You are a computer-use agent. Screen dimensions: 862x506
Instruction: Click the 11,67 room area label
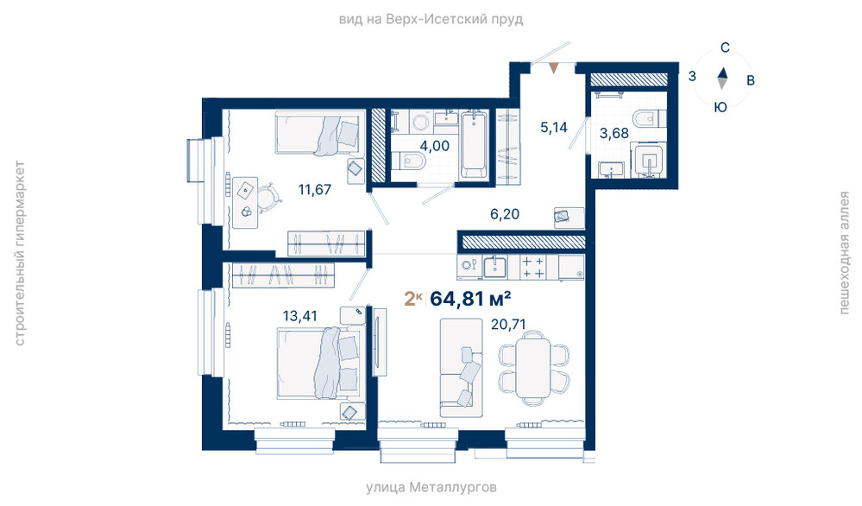pyautogui.click(x=314, y=190)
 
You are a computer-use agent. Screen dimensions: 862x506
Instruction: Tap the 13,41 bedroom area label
pyautogui.click(x=299, y=316)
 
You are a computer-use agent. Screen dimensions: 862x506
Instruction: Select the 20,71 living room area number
pyautogui.click(x=508, y=325)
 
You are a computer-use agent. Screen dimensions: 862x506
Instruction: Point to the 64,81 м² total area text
pyautogui.click(x=470, y=299)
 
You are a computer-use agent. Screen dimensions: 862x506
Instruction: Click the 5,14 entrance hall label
pyautogui.click(x=554, y=128)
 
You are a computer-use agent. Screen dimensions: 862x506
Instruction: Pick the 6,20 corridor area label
pyautogui.click(x=505, y=214)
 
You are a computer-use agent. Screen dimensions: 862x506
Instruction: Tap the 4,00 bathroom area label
pyautogui.click(x=434, y=146)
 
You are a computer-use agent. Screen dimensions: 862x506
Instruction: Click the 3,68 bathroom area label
pyautogui.click(x=613, y=133)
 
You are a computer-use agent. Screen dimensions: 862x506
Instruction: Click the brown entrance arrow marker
pyautogui.click(x=554, y=68)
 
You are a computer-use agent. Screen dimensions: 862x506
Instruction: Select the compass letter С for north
pyautogui.click(x=725, y=47)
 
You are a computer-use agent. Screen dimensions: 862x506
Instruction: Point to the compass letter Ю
pyautogui.click(x=720, y=107)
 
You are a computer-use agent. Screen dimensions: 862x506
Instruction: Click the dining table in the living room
pyautogui.click(x=533, y=367)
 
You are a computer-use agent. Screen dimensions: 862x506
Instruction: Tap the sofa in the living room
pyautogui.click(x=462, y=368)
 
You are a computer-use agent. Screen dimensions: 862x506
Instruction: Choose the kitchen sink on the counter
pyautogui.click(x=494, y=267)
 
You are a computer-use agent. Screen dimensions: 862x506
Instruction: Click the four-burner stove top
pyautogui.click(x=532, y=268)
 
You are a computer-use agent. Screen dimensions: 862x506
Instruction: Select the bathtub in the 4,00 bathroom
pyautogui.click(x=474, y=144)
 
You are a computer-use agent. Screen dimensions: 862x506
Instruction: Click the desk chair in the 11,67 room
pyautogui.click(x=269, y=197)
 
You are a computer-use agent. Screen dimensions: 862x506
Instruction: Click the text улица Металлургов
pyautogui.click(x=431, y=487)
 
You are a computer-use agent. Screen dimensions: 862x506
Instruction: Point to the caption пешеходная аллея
pyautogui.click(x=844, y=253)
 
